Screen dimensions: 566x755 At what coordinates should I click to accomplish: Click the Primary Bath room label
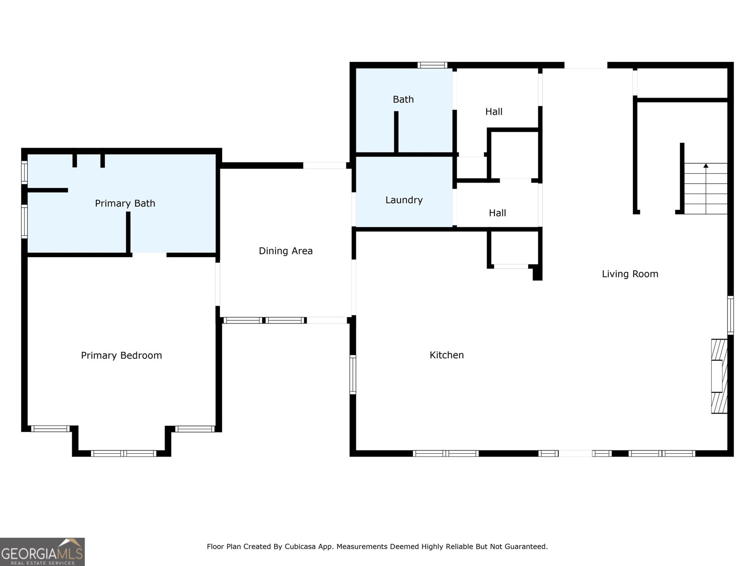pos(125,203)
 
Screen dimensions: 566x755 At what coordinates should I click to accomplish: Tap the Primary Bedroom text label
pos(121,356)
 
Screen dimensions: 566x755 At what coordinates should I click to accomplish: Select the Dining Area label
pos(285,251)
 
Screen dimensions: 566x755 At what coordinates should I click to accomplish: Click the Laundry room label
pos(404,200)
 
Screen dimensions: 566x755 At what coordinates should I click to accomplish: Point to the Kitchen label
pos(446,355)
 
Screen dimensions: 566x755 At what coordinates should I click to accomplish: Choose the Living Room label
pos(630,274)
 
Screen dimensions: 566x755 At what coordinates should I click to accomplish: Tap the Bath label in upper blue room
pos(403,100)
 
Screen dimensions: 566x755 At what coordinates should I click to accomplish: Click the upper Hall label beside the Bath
pos(494,112)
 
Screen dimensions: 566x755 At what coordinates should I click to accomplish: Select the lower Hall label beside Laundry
pos(497,213)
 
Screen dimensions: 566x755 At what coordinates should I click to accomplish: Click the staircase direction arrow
pos(706,166)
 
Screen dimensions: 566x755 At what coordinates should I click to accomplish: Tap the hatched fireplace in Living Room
pos(719,376)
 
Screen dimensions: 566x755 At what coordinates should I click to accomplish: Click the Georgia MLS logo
pos(42,551)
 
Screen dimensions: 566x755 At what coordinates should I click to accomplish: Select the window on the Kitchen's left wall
pos(352,375)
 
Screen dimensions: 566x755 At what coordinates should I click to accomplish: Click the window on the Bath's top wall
pos(432,65)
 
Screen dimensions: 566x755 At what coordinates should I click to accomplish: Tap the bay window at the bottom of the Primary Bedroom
pos(124,453)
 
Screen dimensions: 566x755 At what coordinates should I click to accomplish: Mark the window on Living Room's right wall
pos(730,315)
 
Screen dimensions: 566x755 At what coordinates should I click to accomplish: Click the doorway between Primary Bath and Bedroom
pos(149,255)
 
